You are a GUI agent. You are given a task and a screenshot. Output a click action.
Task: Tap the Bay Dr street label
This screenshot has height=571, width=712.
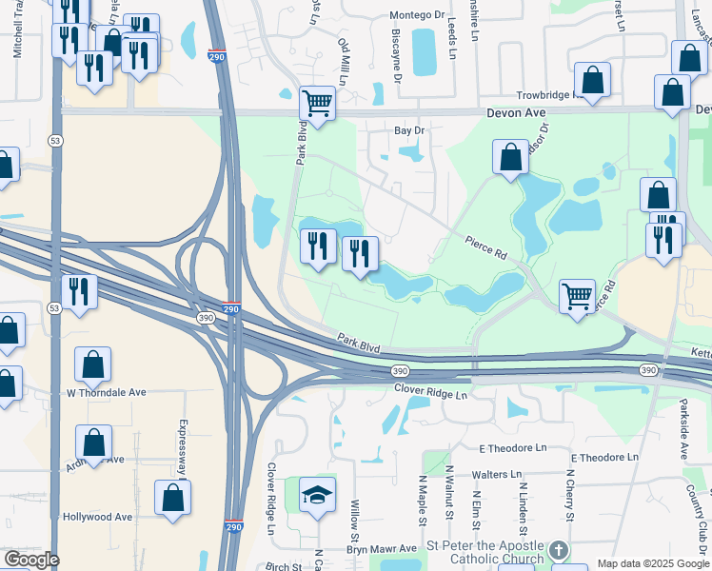pos(408,130)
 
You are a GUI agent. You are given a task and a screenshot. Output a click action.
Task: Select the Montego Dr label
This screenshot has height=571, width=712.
pos(418,16)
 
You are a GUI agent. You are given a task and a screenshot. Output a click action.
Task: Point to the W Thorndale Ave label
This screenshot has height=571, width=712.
pos(106,392)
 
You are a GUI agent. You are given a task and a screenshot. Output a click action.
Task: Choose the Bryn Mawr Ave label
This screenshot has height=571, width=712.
pos(382,549)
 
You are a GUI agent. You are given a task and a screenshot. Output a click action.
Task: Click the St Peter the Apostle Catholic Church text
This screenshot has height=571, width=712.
pos(485,552)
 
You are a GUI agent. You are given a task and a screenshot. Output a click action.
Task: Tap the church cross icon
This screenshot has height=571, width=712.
pos(559,551)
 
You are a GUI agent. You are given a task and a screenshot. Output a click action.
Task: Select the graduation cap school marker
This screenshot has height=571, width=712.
pos(317,495)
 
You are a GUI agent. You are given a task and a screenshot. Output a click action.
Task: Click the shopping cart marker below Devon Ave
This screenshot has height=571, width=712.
pos(317,103)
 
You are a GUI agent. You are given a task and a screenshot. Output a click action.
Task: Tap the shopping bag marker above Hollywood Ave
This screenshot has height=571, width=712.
pos(172,498)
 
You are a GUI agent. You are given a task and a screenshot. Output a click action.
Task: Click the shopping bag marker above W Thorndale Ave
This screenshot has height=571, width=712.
pos(92,364)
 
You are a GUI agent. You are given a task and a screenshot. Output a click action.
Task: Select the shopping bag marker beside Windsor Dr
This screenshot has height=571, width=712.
pos(510,157)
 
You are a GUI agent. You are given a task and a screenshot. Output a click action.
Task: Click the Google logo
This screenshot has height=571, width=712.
pos(30,560)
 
